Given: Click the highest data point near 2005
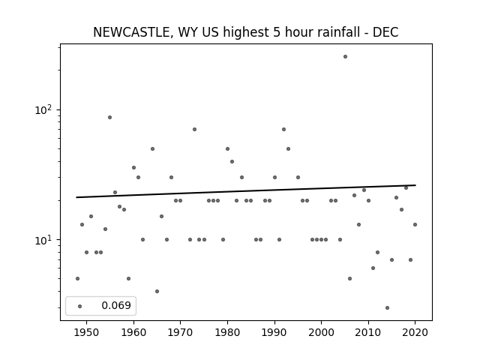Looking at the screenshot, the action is pyautogui.click(x=345, y=57).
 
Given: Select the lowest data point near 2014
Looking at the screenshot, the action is pyautogui.click(x=387, y=308).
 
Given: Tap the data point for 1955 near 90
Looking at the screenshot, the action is pyautogui.click(x=110, y=118).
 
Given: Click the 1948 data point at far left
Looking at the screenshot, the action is pyautogui.click(x=77, y=278).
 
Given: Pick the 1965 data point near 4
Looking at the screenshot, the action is pyautogui.click(x=157, y=292).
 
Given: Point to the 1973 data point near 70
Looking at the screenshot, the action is pyautogui.click(x=194, y=130).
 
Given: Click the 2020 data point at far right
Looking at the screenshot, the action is pyautogui.click(x=415, y=225).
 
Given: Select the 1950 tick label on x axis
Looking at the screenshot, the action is pyautogui.click(x=87, y=332).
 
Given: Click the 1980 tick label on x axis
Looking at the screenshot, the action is pyautogui.click(x=227, y=332).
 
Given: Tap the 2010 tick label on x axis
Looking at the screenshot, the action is pyautogui.click(x=368, y=332).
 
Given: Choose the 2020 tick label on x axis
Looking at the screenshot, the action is pyautogui.click(x=415, y=332).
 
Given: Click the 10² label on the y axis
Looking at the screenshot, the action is pyautogui.click(x=43, y=109).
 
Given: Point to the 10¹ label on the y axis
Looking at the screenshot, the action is pyautogui.click(x=43, y=240).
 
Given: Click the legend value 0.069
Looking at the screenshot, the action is pyautogui.click(x=116, y=305).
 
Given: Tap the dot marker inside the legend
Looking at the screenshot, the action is pyautogui.click(x=80, y=306).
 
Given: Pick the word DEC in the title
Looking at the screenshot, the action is pyautogui.click(x=385, y=32).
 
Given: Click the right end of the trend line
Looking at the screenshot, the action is pyautogui.click(x=415, y=185).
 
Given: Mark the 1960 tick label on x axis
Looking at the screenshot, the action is pyautogui.click(x=133, y=332).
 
